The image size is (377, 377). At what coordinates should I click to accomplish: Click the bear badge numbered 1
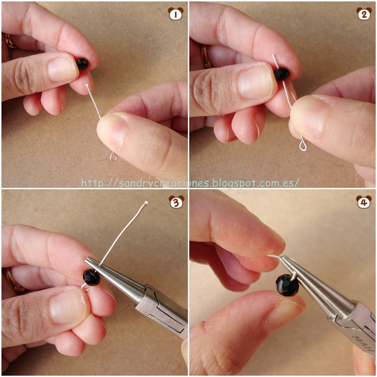(175, 14)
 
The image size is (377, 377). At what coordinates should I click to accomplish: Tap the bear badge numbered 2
(364, 14)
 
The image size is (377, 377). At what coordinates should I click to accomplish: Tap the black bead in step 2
(282, 74)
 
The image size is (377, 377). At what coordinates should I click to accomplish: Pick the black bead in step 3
(91, 278)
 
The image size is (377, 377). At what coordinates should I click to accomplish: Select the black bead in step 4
(287, 285)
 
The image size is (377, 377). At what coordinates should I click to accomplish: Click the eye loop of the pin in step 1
(114, 157)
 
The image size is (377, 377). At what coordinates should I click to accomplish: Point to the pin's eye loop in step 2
(303, 146)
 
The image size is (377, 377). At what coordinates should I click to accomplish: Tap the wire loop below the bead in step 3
(85, 287)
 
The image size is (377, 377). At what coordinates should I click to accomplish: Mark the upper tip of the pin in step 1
(87, 85)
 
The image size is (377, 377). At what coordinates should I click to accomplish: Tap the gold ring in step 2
(206, 57)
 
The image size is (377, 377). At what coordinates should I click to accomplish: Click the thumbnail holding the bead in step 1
(63, 69)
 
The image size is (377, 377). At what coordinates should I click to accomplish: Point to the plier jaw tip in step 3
(87, 259)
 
